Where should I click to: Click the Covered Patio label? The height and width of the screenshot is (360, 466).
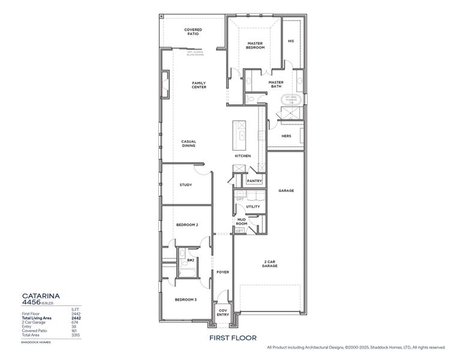pos(193,31)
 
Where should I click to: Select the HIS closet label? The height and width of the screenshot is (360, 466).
pos(291,41)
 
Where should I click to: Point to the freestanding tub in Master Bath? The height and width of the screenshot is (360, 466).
pos(291,100)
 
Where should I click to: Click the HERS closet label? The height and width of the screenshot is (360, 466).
pos(286,136)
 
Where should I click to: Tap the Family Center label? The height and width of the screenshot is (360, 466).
pos(199,85)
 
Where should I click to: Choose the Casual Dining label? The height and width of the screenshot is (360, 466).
pos(189,144)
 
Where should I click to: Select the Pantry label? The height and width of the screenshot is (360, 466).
pos(253,181)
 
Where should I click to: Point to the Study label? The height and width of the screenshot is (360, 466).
pos(186,185)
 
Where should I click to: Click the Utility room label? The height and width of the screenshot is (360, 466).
pos(253,207)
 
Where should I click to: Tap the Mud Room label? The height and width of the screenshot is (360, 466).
pos(241,222)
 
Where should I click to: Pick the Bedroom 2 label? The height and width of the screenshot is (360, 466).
pos(187,225)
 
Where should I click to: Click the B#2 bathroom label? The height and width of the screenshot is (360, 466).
pos(190,260)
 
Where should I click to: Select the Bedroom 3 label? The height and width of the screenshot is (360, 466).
pos(186,299)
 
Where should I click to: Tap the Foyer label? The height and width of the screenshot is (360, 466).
pos(223,272)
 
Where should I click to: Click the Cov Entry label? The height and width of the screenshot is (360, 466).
pos(223,313)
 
